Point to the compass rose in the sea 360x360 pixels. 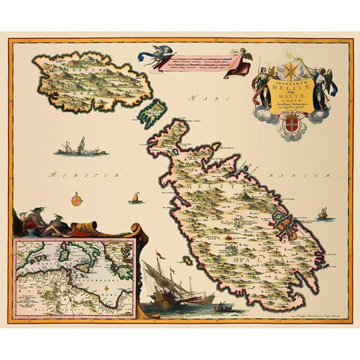[x=76, y=200]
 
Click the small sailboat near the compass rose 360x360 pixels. [x=136, y=198]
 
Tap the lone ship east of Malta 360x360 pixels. [x=322, y=214]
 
